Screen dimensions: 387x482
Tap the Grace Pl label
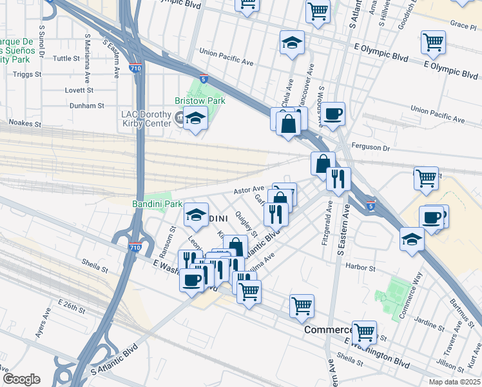pos(463,25)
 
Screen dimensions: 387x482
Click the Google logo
pos(21,379)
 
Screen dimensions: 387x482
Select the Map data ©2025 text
pos(454,382)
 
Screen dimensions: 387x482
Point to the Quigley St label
pos(246,224)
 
